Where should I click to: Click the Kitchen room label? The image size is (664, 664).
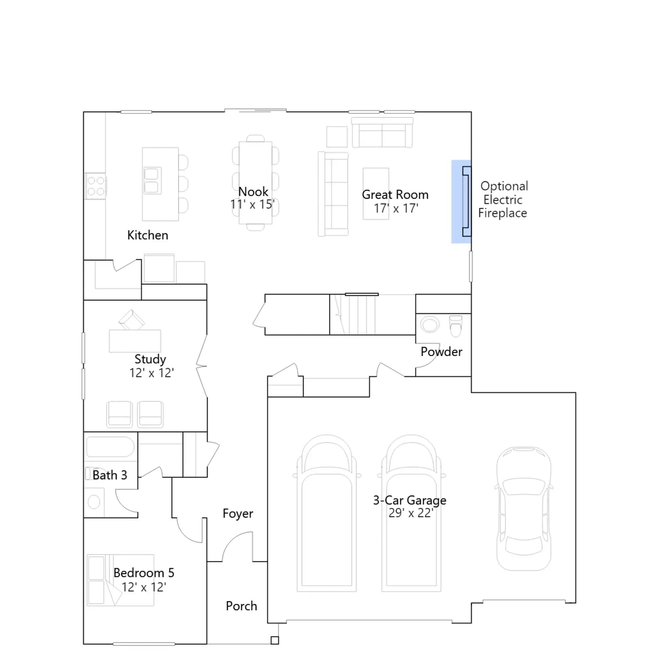148,235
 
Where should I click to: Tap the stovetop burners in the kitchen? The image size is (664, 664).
95,186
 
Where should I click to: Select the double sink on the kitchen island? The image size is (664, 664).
152,181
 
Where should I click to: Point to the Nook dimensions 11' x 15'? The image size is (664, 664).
252,205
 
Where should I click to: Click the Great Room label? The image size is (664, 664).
395,194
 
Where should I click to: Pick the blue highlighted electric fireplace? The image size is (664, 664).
461,201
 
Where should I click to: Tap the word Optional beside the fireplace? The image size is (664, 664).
504,186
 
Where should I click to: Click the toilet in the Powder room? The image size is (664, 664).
456,326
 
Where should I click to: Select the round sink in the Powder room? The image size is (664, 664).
430,325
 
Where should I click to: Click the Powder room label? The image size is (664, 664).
441,352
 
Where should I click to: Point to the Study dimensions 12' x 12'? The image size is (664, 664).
151,373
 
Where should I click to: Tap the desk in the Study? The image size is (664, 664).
135,341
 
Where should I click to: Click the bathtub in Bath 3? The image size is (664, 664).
110,447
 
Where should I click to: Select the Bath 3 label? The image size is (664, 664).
110,475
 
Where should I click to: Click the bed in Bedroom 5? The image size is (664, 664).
120,580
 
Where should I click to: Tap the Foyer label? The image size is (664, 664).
238,513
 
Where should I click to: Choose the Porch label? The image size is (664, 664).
242,606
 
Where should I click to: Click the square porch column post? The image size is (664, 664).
275,640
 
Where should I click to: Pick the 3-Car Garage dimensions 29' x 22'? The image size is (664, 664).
411,513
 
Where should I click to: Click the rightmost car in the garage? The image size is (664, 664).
524,509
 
